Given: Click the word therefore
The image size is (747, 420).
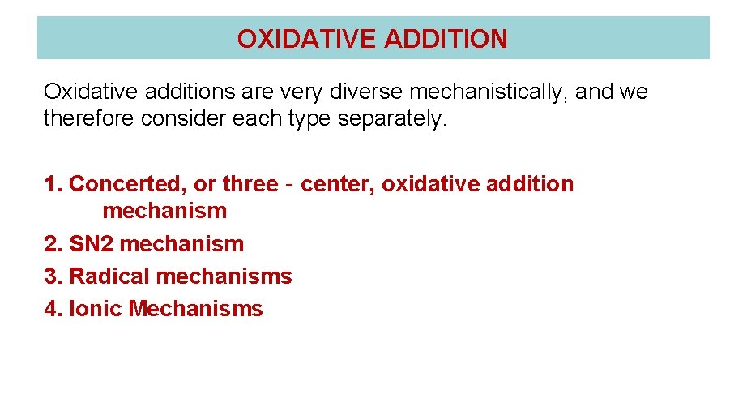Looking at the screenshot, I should [89, 119].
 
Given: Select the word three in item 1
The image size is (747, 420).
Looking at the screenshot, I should [250, 184].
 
